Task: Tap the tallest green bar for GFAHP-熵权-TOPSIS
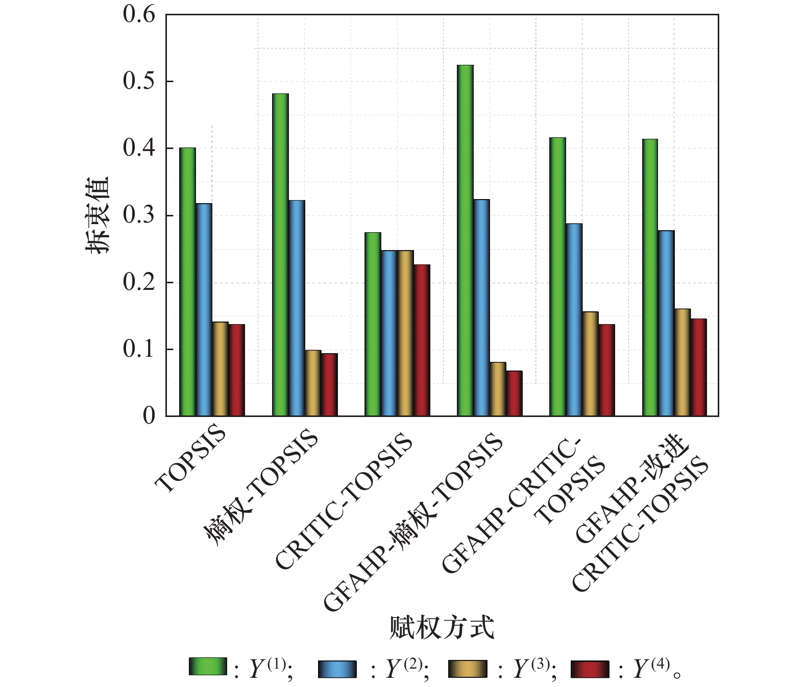[465, 240]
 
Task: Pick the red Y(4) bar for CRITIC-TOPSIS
[422, 340]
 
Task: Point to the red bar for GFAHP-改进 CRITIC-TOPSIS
[699, 367]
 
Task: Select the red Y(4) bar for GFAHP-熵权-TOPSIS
[514, 393]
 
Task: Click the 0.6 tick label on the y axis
[139, 14]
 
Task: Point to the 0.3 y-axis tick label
[139, 215]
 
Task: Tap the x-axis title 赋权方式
[442, 627]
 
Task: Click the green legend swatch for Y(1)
[208, 667]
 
